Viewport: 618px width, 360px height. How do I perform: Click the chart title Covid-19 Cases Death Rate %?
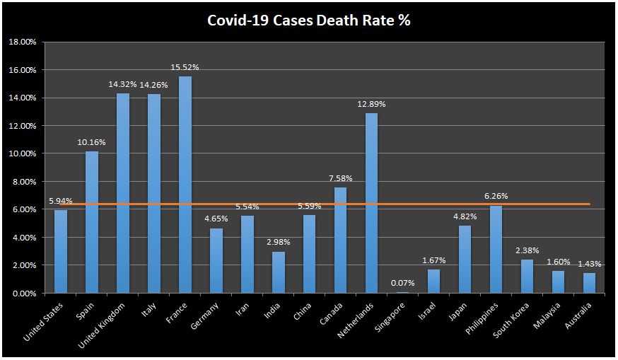pyautogui.click(x=308, y=20)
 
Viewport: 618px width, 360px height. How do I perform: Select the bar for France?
pyautogui.click(x=185, y=185)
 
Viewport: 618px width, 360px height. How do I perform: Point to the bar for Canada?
pyautogui.click(x=341, y=240)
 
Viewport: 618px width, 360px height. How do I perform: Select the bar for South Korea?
pyautogui.click(x=527, y=276)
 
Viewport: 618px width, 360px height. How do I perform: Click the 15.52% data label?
pyautogui.click(x=185, y=67)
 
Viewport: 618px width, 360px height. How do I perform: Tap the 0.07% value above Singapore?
pyautogui.click(x=403, y=283)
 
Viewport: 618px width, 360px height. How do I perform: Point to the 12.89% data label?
pyautogui.click(x=372, y=104)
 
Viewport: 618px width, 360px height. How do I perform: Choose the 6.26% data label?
pyautogui.click(x=496, y=196)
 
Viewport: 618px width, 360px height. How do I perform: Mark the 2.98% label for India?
pyautogui.click(x=279, y=242)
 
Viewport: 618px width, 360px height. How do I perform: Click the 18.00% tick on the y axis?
pyautogui.click(x=23, y=42)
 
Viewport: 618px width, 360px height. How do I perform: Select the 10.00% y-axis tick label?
pyautogui.click(x=23, y=153)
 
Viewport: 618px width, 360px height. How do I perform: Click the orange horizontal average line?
pyautogui.click(x=424, y=204)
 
